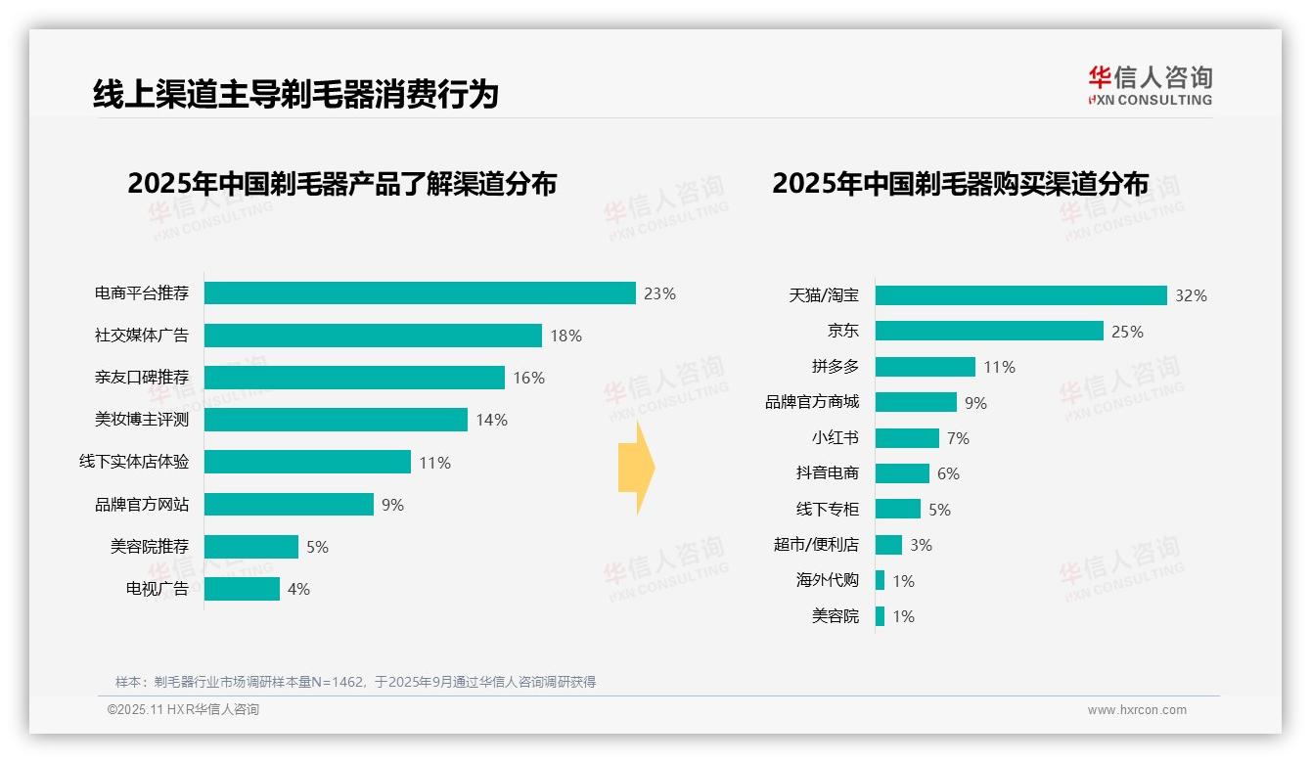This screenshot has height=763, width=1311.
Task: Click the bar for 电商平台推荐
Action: coord(420,293)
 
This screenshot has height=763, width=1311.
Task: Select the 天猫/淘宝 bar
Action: coord(1020,295)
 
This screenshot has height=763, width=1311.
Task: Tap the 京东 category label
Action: coord(842,332)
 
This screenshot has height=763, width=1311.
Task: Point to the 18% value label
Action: coord(565,336)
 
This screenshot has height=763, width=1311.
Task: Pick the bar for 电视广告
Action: coord(242,589)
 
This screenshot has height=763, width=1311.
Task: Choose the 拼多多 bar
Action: coord(925,367)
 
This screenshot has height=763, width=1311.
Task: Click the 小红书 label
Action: coord(835,438)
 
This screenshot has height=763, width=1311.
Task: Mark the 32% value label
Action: coord(1191,295)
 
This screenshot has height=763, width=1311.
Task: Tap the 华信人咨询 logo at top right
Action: coord(1150,85)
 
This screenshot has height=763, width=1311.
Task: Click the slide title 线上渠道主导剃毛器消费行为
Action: coord(295,94)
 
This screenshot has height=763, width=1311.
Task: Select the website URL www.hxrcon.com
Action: coord(1136,710)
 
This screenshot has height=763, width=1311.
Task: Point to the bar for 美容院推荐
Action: coord(251,547)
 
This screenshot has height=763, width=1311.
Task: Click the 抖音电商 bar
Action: coord(902,473)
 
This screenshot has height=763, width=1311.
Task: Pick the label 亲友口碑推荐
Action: coord(142,378)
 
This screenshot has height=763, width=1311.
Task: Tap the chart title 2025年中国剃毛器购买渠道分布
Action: coord(960,183)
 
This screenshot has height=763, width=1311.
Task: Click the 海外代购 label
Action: coord(827,580)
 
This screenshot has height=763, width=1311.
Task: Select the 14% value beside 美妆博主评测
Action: coord(491,420)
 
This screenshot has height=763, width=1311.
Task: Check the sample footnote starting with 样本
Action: coord(355,682)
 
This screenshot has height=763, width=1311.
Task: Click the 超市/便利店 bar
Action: coord(888,545)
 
